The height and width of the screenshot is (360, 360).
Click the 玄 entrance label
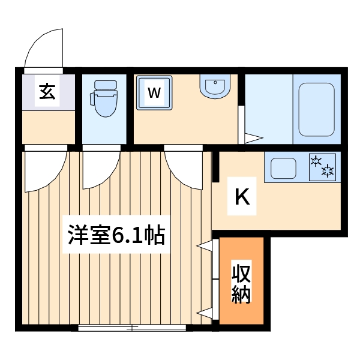pyautogui.click(x=47, y=92)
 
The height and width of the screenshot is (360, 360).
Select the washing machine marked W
pyautogui.click(x=154, y=92)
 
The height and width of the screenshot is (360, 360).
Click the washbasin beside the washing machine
pyautogui.click(x=215, y=87)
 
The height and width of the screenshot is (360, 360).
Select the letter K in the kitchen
pyautogui.click(x=241, y=197)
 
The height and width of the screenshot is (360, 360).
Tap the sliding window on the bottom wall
pyautogui.click(x=132, y=328)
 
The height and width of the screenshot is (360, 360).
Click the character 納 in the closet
pyautogui.click(x=241, y=295)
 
